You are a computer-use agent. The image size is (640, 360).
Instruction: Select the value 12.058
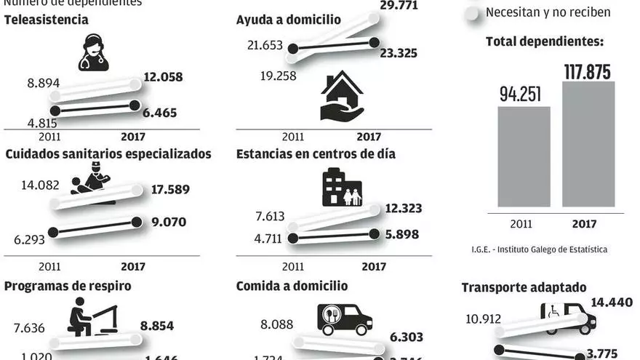163,77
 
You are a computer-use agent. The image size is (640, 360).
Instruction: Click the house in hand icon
341,96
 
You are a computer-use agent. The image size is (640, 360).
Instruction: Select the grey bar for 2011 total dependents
524,159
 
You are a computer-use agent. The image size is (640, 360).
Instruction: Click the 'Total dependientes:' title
545,41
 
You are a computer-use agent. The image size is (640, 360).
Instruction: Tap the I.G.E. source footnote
539,249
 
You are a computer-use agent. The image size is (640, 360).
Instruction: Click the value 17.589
171,190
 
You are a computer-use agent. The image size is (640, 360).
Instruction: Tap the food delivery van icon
345,318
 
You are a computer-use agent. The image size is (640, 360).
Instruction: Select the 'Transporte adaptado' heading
524,288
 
